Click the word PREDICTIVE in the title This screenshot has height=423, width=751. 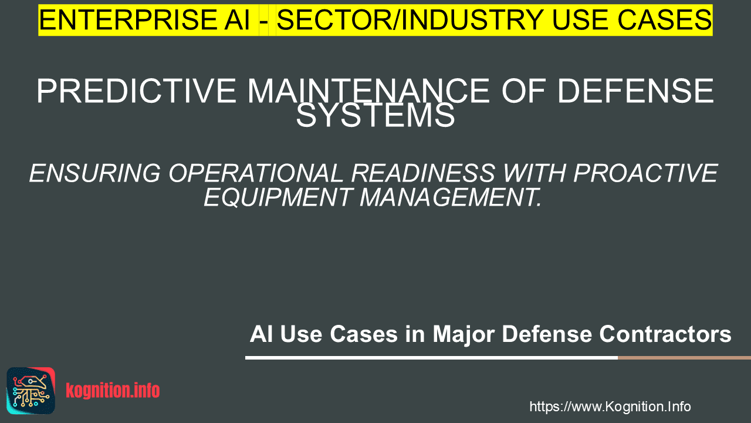pyautogui.click(x=137, y=90)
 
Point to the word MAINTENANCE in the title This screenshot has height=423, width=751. pyautogui.click(x=369, y=90)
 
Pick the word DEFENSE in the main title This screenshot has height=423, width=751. pyautogui.click(x=635, y=90)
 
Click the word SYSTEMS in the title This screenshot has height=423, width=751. pyautogui.click(x=375, y=115)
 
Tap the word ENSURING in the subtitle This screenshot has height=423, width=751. pyautogui.click(x=95, y=173)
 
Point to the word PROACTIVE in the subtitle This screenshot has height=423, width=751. pyautogui.click(x=645, y=173)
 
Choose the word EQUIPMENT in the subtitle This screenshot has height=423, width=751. pyautogui.click(x=278, y=197)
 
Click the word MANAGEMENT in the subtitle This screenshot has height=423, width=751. pyautogui.click(x=451, y=197)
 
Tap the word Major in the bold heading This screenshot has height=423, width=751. pyautogui.click(x=464, y=334)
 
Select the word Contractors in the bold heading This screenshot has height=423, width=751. pyautogui.click(x=665, y=334)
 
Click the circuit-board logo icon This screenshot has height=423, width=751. pyautogui.click(x=31, y=391)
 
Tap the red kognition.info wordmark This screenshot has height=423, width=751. pyautogui.click(x=113, y=391)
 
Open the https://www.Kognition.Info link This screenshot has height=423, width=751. pyautogui.click(x=610, y=407)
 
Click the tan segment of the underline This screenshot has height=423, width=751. pyautogui.click(x=684, y=358)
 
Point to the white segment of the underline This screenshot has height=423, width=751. pyautogui.click(x=431, y=358)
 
